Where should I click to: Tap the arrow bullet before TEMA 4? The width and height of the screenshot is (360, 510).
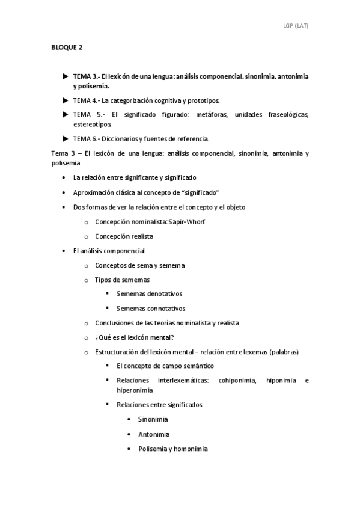pyautogui.click(x=66, y=100)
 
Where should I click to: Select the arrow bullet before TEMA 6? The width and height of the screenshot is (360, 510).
pyautogui.click(x=66, y=138)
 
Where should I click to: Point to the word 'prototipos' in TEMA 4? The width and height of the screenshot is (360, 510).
pyautogui.click(x=204, y=100)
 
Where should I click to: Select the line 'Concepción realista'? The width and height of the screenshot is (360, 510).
pyautogui.click(x=124, y=236)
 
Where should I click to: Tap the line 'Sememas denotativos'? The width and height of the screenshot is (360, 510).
pyautogui.click(x=149, y=294)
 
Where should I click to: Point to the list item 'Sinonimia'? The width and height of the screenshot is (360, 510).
pyautogui.click(x=153, y=419)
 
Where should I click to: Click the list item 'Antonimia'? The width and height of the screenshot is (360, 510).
pyautogui.click(x=153, y=434)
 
